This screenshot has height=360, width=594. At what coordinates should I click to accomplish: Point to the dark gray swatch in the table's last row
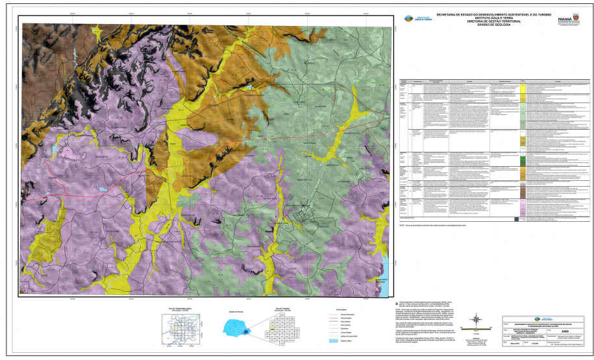516,219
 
